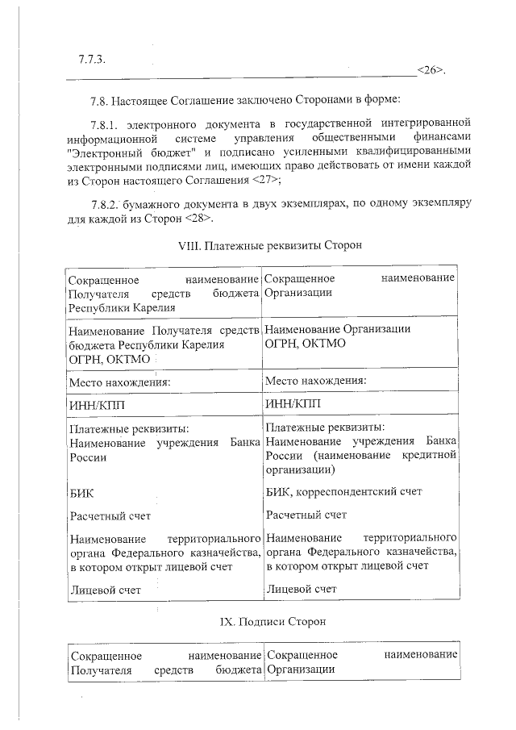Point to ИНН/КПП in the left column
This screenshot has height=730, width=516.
(x=98, y=403)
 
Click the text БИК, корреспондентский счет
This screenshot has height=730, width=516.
(x=343, y=490)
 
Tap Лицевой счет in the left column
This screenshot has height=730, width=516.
(x=106, y=590)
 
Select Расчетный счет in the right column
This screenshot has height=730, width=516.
(x=306, y=514)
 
